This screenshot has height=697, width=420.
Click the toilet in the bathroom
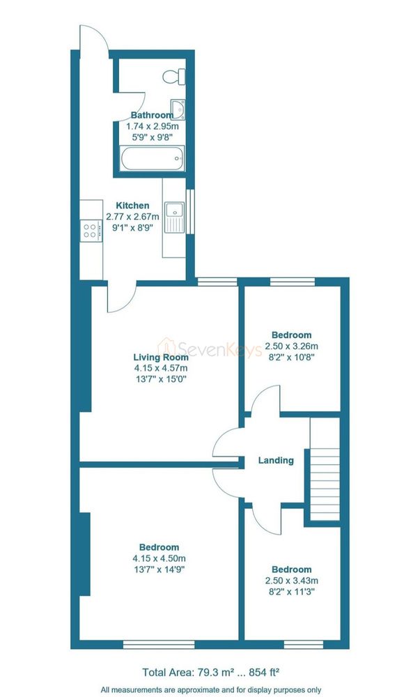(x=174, y=77)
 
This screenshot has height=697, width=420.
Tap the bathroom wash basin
(x=178, y=109)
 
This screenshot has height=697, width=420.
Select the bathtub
(x=153, y=159)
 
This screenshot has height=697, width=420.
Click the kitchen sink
(x=174, y=217)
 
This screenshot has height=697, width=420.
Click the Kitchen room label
(x=132, y=206)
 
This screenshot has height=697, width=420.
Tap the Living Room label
(x=161, y=357)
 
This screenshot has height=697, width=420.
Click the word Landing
(x=276, y=461)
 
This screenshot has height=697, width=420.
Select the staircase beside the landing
(x=325, y=468)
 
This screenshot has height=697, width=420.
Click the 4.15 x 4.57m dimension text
(x=161, y=368)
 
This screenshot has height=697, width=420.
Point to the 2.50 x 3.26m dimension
(x=292, y=346)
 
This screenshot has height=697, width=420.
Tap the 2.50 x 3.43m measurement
(x=292, y=581)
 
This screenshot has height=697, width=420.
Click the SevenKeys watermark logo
(x=210, y=347)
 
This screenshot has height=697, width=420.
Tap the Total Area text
(x=210, y=672)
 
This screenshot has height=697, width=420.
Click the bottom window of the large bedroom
(x=159, y=645)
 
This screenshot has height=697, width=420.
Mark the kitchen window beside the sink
(x=190, y=211)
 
